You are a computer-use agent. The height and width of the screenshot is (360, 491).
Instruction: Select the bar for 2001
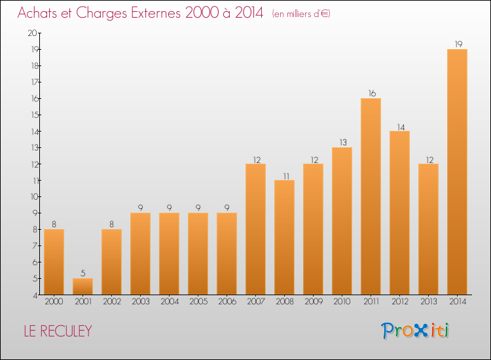pyautogui.click(x=82, y=286)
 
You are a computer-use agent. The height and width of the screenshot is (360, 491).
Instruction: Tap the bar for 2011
pyautogui.click(x=371, y=196)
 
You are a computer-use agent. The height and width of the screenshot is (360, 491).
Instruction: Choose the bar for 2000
pyautogui.click(x=54, y=262)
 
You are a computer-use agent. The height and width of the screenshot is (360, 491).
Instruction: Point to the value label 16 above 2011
pyautogui.click(x=371, y=94)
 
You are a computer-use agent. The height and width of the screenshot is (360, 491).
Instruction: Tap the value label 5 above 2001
pyautogui.click(x=82, y=274)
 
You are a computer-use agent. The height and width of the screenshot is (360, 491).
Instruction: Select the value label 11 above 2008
pyautogui.click(x=284, y=175)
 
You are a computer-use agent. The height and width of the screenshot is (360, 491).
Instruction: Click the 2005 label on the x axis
pyautogui.click(x=198, y=302)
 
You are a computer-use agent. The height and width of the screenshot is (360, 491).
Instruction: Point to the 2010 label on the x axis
pyautogui.click(x=342, y=302)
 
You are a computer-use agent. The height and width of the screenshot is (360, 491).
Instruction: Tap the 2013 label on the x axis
pyautogui.click(x=428, y=302)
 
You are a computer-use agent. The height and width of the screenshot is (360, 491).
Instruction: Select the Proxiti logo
pyautogui.click(x=416, y=331)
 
